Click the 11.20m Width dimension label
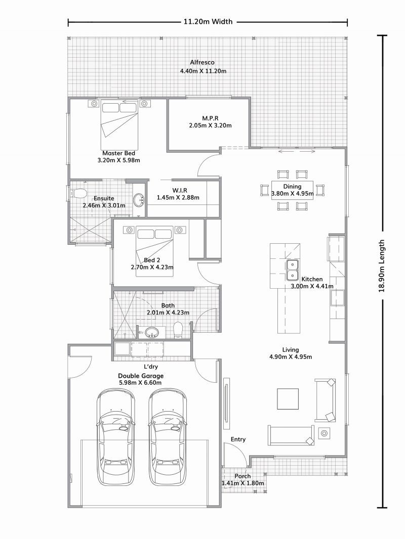[x=208, y=22]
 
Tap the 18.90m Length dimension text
[x=381, y=266]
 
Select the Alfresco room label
[x=202, y=62]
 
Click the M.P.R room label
[x=210, y=119]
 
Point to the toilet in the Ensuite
[x=78, y=194]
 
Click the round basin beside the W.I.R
[x=139, y=199]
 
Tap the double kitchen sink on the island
[x=292, y=270]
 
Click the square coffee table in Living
[x=288, y=399]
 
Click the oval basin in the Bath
[x=151, y=332]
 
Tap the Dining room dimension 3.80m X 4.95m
[x=293, y=194]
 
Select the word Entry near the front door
[x=238, y=439]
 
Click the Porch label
[x=242, y=476]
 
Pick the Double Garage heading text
[x=141, y=376]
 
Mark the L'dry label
[x=151, y=367]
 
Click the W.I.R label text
[x=180, y=190]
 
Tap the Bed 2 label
[x=152, y=260]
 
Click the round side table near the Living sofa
[x=324, y=433]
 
